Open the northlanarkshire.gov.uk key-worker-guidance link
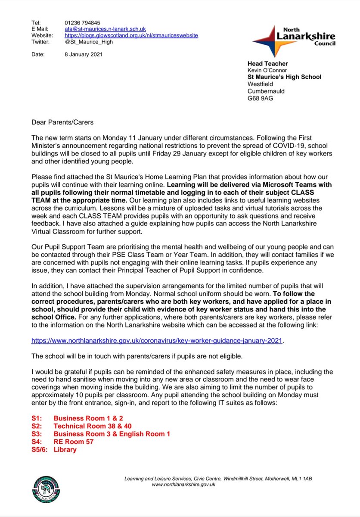click(x=157, y=340)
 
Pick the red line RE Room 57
click(x=74, y=442)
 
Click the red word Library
click(x=65, y=449)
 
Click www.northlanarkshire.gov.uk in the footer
click(x=183, y=484)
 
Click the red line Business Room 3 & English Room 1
click(x=112, y=434)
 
